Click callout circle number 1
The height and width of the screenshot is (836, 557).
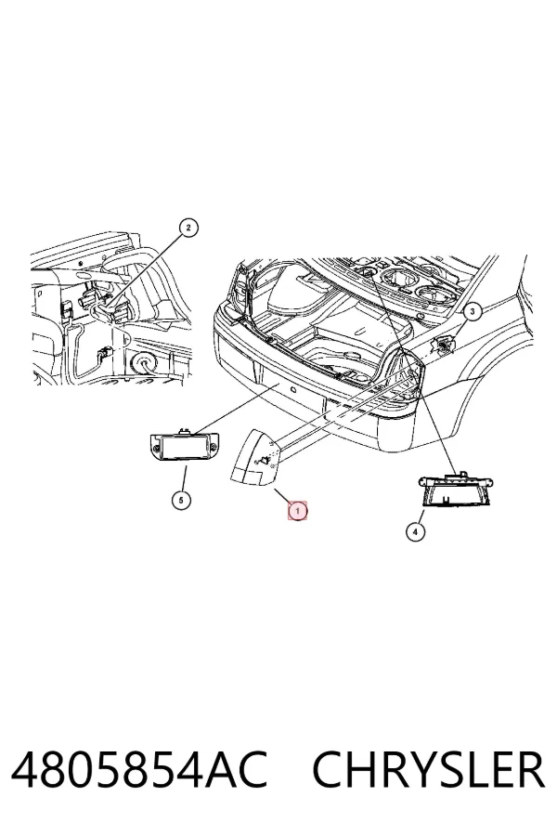click(297, 511)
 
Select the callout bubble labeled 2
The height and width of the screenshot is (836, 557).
click(188, 229)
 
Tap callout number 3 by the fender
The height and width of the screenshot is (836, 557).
click(473, 311)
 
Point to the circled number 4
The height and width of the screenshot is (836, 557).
click(415, 531)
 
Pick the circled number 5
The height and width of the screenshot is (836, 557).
click(181, 500)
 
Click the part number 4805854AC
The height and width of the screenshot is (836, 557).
click(138, 770)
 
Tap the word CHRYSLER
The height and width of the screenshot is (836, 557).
click(429, 770)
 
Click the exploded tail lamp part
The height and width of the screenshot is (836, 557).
click(253, 458)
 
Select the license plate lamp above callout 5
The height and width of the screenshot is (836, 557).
click(185, 445)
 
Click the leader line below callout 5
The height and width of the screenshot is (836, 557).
click(185, 478)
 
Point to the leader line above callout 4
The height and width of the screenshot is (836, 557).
click(421, 516)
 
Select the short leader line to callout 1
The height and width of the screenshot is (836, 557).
click(283, 497)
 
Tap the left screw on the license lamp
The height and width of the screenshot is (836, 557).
click(155, 445)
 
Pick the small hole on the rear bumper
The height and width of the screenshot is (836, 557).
click(292, 391)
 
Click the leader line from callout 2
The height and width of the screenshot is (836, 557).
click(146, 271)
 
